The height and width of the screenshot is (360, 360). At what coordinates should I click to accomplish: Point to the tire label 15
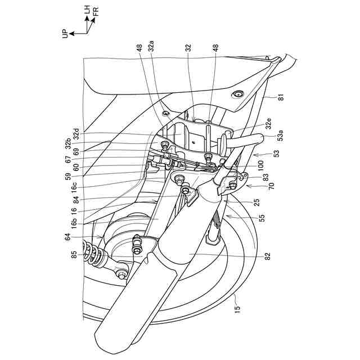point(236,308)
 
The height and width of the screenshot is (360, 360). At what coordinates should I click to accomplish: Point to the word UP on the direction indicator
point(65,34)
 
